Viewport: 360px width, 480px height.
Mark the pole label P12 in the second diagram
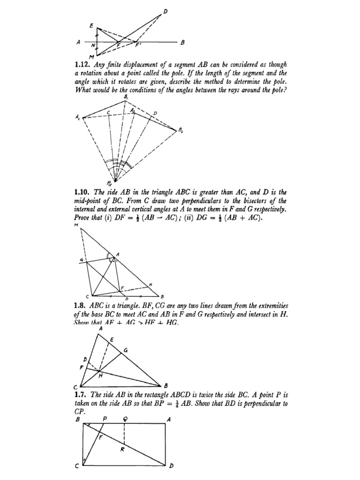[110, 183]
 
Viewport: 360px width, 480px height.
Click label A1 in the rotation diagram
[77, 118]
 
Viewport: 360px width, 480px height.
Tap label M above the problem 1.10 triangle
[75, 225]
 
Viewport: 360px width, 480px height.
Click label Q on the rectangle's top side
[124, 419]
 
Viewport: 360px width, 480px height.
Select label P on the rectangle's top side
[105, 419]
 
